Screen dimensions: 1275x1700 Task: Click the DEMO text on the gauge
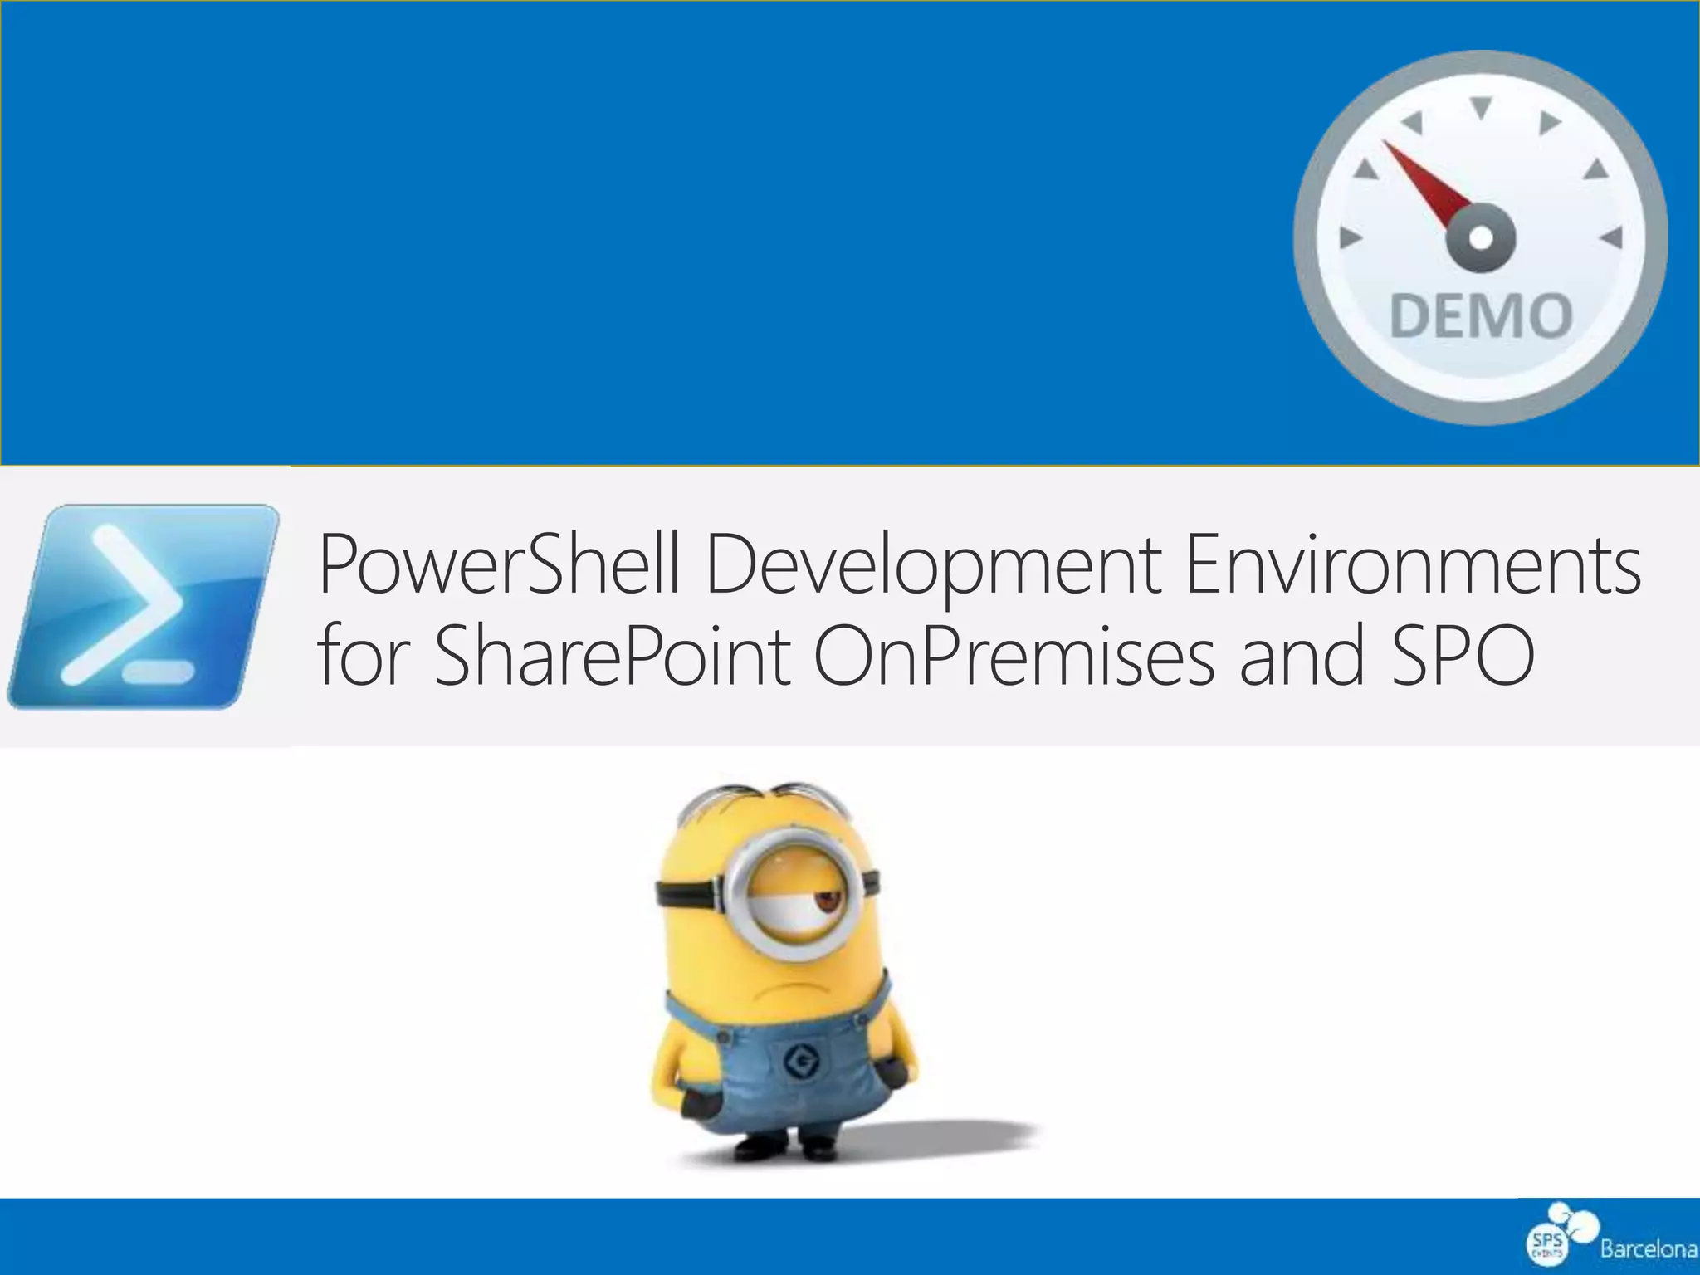click(1481, 315)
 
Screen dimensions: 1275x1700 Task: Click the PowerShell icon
click(143, 606)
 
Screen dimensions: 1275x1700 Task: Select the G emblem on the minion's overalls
click(802, 1059)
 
